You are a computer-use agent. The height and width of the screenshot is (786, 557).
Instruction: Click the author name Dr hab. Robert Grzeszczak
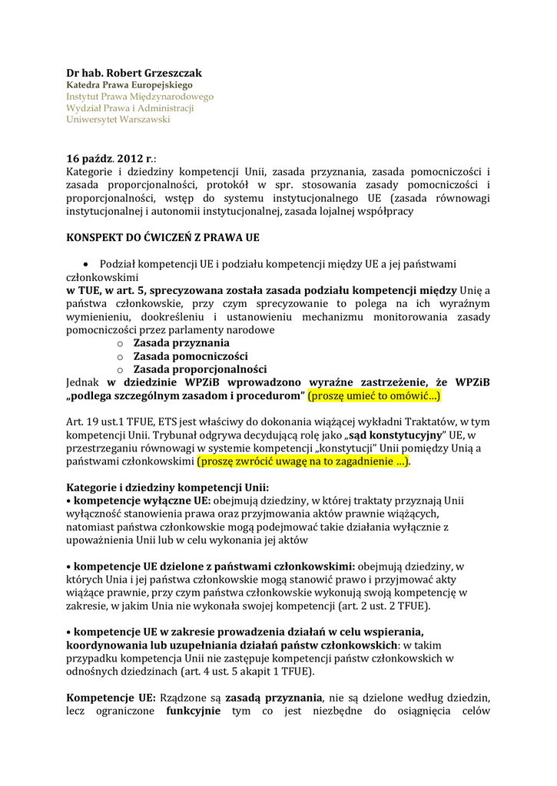click(x=134, y=73)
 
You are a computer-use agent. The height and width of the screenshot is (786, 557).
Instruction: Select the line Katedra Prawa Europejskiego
click(x=129, y=85)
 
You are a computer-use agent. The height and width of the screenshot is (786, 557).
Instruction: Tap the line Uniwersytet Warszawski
click(x=118, y=120)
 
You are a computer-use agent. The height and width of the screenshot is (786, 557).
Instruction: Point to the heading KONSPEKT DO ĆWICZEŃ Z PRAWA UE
click(x=162, y=238)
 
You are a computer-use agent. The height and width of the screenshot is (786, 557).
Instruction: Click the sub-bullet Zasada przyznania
click(x=181, y=343)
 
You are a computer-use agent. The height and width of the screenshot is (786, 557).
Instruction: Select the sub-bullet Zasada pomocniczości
click(x=190, y=356)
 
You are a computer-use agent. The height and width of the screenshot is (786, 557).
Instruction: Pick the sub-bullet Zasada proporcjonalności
click(x=200, y=369)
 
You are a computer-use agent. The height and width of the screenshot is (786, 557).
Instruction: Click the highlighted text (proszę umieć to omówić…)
click(x=374, y=396)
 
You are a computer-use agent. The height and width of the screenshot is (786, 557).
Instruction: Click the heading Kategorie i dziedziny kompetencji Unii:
click(x=167, y=488)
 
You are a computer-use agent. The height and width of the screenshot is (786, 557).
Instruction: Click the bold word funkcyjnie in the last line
click(x=193, y=711)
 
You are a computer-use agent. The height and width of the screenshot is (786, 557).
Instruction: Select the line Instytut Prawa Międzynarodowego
click(x=140, y=97)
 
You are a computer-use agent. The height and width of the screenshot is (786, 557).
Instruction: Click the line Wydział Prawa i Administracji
click(x=130, y=108)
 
